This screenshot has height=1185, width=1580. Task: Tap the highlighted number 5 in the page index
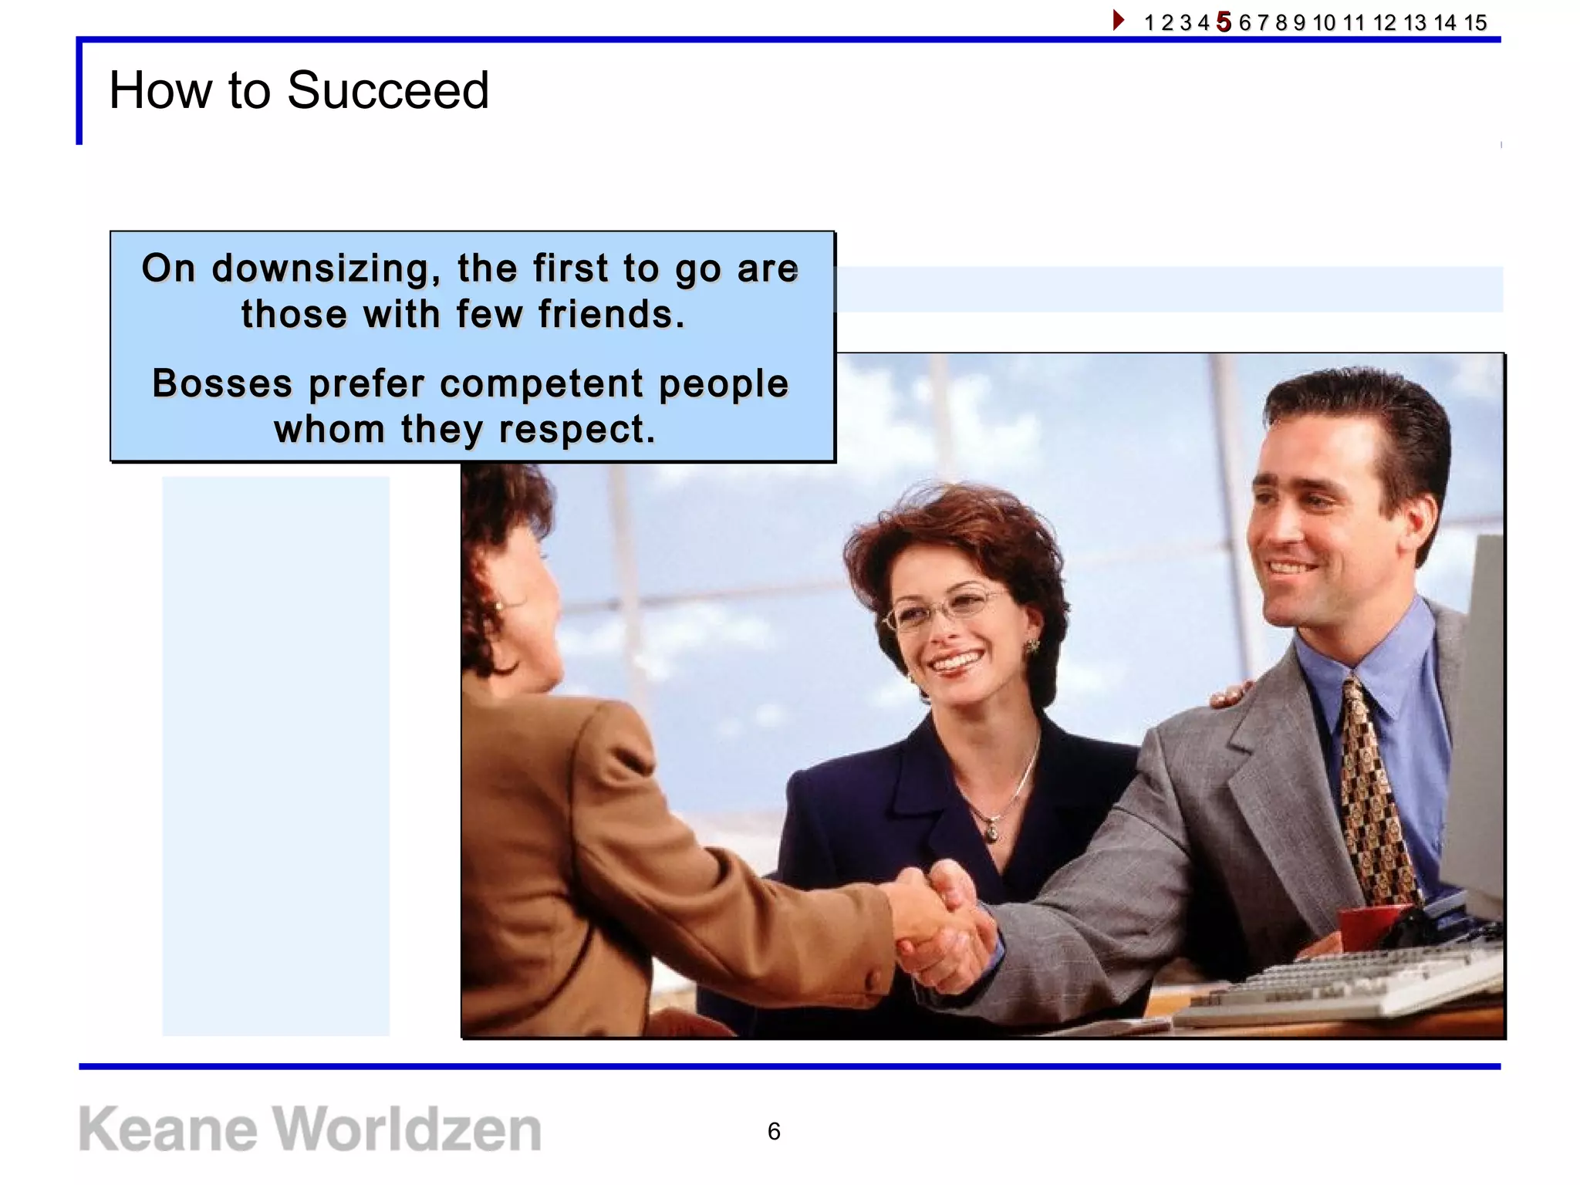pyautogui.click(x=1224, y=22)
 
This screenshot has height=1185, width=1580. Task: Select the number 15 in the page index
pyautogui.click(x=1475, y=22)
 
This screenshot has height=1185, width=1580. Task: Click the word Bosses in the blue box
pyautogui.click(x=222, y=383)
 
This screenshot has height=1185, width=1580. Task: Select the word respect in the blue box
pyautogui.click(x=576, y=429)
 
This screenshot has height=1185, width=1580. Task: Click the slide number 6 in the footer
pyautogui.click(x=774, y=1131)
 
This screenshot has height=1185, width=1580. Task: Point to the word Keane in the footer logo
pyautogui.click(x=167, y=1129)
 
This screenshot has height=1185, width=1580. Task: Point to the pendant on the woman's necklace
pyautogui.click(x=991, y=832)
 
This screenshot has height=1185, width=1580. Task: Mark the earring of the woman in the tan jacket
pyautogui.click(x=500, y=607)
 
